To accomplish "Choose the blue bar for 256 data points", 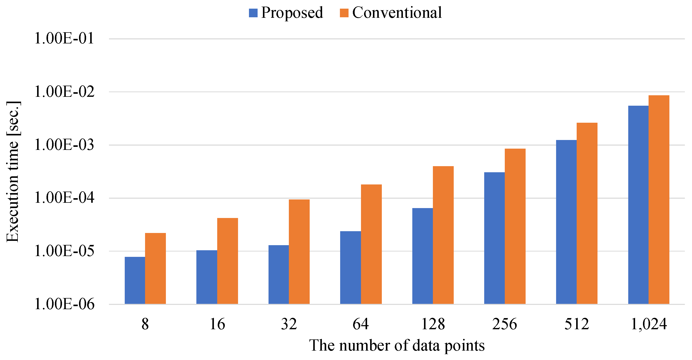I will click(494, 238).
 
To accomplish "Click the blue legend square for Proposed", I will click(253, 13).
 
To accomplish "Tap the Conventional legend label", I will click(397, 13).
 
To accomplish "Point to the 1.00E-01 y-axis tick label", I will click(64, 38).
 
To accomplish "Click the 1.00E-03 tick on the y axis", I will click(64, 145).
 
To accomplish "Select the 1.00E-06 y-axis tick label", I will click(64, 304).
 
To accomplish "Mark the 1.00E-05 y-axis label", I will click(64, 251).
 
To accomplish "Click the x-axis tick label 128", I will click(433, 324).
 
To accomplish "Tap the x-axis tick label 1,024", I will click(649, 324).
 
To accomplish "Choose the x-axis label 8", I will click(145, 324).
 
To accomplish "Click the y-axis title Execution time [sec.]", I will click(13, 172).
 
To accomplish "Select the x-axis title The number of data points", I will click(397, 346).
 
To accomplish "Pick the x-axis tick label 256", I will click(505, 324).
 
